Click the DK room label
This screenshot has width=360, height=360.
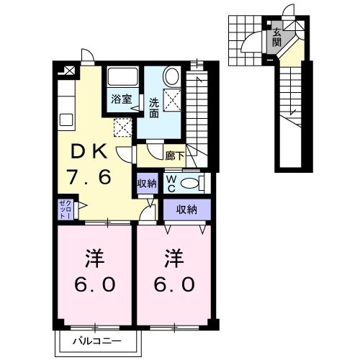coord(89,151)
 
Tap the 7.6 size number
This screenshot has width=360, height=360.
coord(89,177)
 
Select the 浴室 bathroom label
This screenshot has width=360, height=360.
coord(122,99)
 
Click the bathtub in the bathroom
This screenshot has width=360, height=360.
coord(122,76)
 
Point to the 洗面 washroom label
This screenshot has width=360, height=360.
coord(154,108)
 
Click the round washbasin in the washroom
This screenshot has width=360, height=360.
coord(171,76)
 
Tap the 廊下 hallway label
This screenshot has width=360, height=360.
coord(175,156)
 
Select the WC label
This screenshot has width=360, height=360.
coord(171,184)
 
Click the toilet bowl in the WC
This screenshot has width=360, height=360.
coord(189,184)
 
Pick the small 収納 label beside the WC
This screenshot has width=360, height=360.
coord(147,184)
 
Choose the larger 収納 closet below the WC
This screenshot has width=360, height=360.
coord(187,210)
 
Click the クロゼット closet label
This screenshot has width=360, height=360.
coord(66,210)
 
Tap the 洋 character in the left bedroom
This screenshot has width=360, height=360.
coord(95,258)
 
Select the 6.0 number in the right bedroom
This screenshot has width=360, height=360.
coord(174,284)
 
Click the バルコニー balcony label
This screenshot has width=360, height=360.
coord(97,341)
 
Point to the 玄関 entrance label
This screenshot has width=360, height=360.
coord(276,37)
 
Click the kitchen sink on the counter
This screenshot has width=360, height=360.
coord(66,120)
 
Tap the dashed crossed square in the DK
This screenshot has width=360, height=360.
coord(123,127)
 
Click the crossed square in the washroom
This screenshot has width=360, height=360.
coord(172,99)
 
